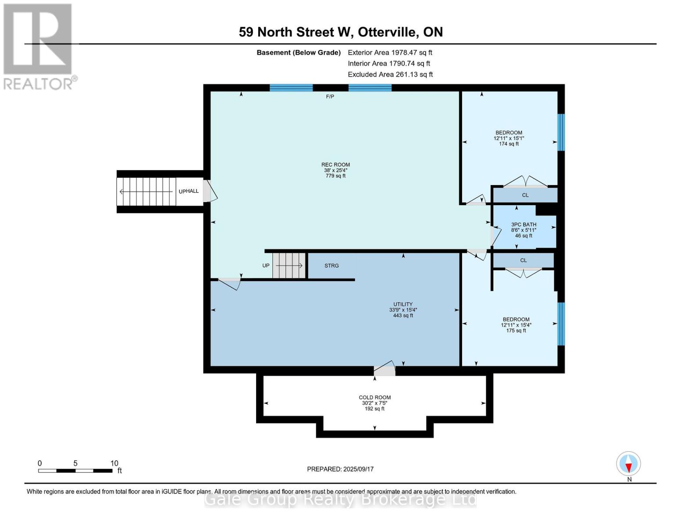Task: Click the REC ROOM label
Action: [x=335, y=165]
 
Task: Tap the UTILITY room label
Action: [x=403, y=304]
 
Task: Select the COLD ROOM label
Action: [x=374, y=398]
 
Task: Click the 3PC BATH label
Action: [x=524, y=224]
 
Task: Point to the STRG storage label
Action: [x=332, y=266]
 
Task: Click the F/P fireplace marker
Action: [x=330, y=96]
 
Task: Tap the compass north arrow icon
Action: [x=628, y=464]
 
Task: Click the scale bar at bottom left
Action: [x=75, y=471]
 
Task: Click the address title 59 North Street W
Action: [x=340, y=32]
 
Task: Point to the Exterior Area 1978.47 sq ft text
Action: [x=390, y=53]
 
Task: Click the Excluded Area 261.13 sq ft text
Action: [x=390, y=75]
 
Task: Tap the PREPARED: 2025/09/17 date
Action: [x=340, y=469]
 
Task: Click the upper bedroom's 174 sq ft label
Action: [x=509, y=144]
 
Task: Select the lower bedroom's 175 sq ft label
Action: [x=516, y=331]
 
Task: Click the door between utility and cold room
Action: [x=384, y=370]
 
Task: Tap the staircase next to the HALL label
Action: [x=146, y=192]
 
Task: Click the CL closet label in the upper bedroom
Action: [x=525, y=195]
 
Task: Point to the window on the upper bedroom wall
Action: [x=561, y=132]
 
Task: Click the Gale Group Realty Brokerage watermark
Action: [x=340, y=499]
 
